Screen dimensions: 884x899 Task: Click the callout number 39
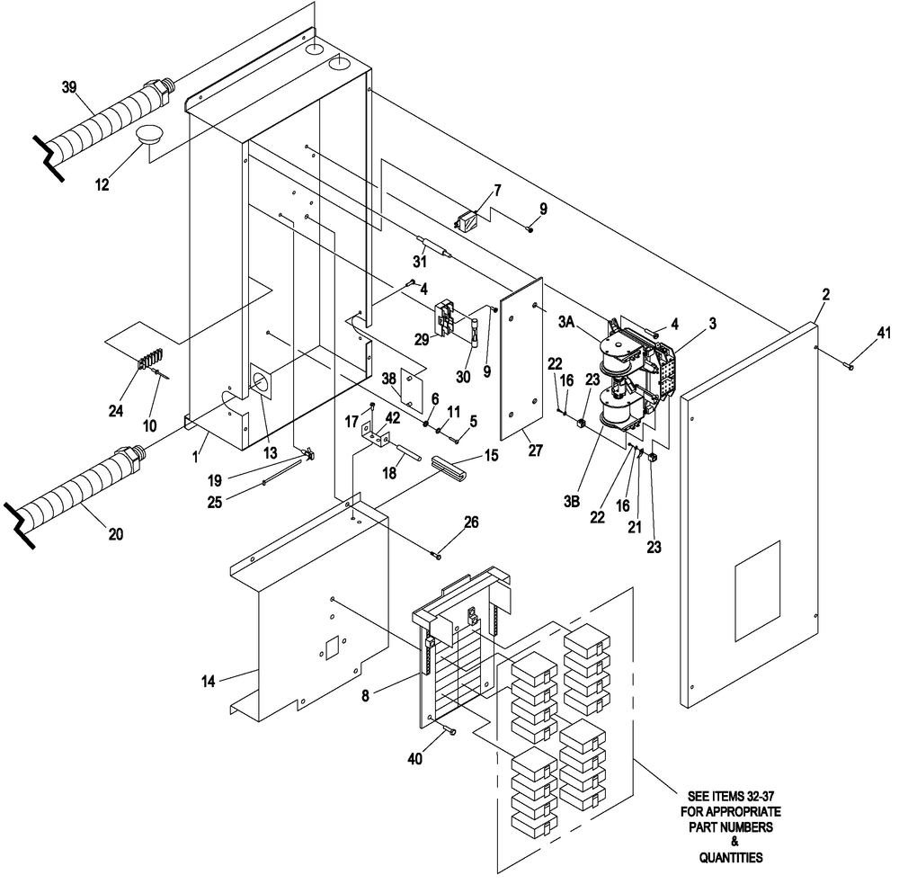69,86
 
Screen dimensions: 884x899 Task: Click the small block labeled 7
470,220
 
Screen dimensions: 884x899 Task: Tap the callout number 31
418,262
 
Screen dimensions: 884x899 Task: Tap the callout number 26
471,521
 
